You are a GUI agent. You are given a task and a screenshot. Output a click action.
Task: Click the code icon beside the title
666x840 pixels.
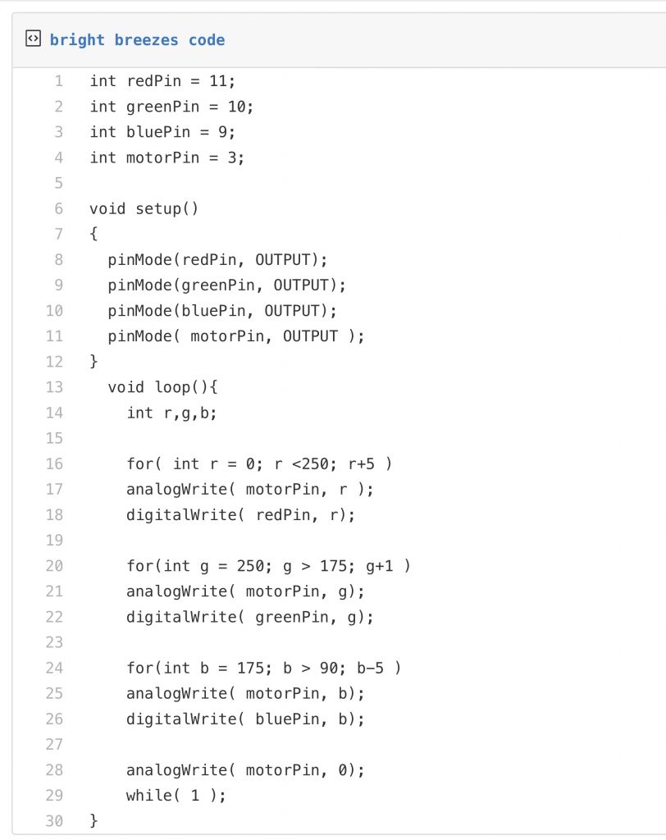point(34,39)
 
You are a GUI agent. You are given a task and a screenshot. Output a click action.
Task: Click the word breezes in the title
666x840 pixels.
point(146,40)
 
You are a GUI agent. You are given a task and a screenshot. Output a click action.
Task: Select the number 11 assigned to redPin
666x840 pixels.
point(218,81)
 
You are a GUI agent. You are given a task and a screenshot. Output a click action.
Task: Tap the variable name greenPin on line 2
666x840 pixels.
point(163,107)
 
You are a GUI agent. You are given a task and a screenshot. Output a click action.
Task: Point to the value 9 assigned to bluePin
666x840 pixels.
point(223,132)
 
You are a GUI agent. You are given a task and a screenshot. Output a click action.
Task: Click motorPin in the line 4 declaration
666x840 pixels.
point(163,157)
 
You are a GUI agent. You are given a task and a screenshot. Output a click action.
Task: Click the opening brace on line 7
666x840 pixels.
point(94,234)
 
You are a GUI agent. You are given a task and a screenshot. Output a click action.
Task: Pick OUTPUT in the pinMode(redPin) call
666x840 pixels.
point(282,260)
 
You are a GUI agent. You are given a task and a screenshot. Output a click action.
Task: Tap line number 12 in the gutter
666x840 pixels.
point(54,362)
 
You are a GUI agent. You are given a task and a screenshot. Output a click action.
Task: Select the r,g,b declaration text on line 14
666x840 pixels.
point(185,413)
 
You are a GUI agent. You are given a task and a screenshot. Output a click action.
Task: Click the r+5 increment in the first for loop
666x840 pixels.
point(362,464)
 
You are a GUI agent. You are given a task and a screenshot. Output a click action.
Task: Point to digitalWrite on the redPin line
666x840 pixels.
point(181,515)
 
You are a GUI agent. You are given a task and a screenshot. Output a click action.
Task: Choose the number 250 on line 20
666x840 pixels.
point(249,566)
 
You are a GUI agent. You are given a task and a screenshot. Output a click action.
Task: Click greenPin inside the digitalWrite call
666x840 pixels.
point(291,617)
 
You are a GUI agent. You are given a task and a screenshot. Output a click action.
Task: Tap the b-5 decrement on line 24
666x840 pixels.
point(370,668)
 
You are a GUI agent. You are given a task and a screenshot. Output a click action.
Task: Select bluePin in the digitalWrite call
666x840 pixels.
point(286,719)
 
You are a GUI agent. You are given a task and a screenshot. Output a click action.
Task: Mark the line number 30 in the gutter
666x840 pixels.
point(54,820)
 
